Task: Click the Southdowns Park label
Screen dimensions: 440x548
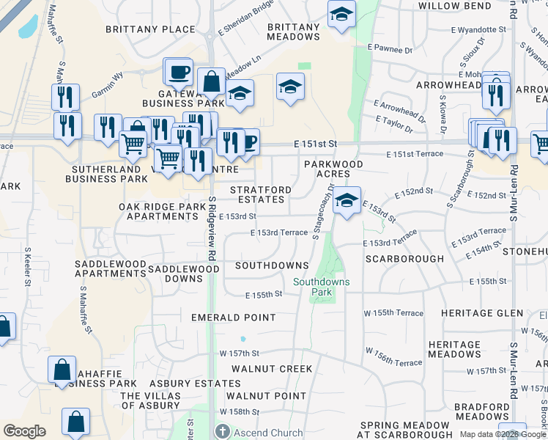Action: click(x=322, y=287)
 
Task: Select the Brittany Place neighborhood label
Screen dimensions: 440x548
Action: click(x=150, y=29)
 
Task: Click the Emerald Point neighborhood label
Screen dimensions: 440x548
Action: click(x=233, y=318)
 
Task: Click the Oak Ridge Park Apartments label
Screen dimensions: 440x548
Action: click(x=163, y=212)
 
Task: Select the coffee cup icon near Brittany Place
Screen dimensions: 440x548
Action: click(x=177, y=72)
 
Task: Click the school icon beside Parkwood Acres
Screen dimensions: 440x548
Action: click(x=347, y=199)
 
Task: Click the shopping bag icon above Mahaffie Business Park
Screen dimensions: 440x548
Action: click(x=63, y=369)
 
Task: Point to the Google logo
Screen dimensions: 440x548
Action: click(x=24, y=431)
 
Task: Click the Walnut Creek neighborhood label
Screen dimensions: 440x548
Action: click(x=262, y=368)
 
